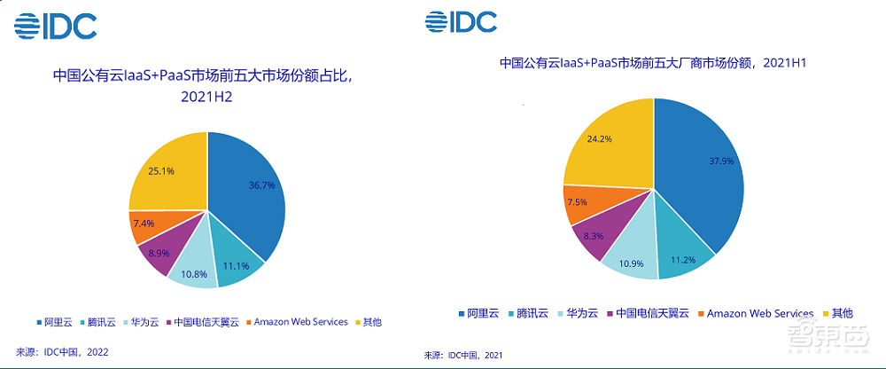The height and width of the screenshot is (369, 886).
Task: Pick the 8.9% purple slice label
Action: (x=158, y=252)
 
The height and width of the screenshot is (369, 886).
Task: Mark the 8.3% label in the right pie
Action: (x=593, y=237)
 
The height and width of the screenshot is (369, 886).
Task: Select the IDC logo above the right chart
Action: (x=460, y=21)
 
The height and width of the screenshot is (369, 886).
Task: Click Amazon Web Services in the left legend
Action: (x=300, y=321)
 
